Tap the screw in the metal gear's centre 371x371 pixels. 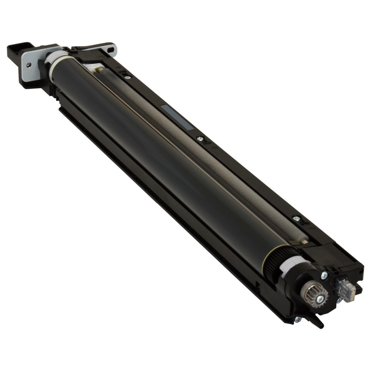320,299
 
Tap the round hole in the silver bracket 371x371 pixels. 28,65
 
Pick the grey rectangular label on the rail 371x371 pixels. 177,117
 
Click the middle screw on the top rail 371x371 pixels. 200,139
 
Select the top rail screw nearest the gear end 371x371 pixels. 296,219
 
